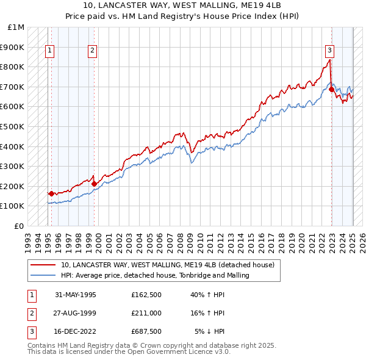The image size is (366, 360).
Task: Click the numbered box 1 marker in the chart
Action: (x=49, y=51)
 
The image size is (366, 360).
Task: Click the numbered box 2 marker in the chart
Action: (x=92, y=51)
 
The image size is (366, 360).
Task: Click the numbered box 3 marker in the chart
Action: (x=329, y=51)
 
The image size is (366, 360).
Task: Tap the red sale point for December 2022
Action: (x=331, y=89)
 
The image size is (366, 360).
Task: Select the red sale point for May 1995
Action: (x=51, y=193)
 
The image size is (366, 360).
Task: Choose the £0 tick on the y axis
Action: (x=21, y=226)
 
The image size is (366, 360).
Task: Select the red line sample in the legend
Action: (x=44, y=265)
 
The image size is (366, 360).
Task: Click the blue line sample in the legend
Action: (x=44, y=275)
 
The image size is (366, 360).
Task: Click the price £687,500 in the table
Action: (x=146, y=331)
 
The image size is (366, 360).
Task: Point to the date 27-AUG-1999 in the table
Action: (x=76, y=313)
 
